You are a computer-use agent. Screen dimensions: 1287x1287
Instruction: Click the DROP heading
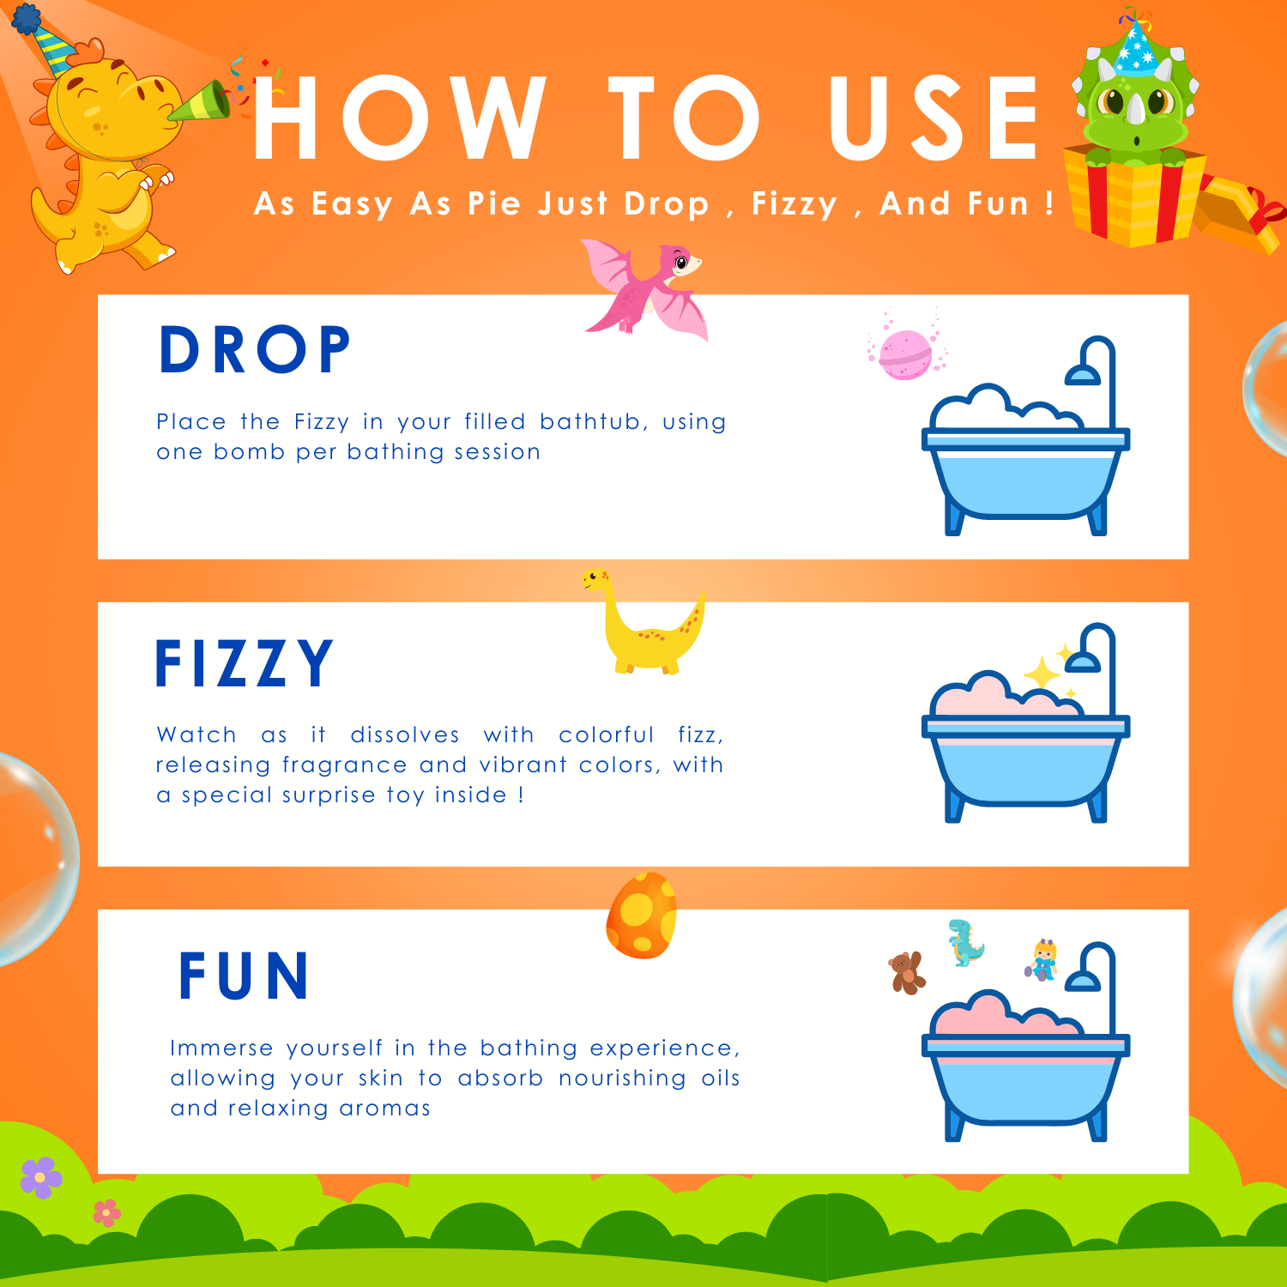(x=255, y=350)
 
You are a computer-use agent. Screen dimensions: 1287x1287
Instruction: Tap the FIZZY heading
(x=244, y=663)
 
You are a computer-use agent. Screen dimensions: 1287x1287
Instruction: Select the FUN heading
(x=244, y=976)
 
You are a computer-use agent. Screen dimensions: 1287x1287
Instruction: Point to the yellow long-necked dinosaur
(x=643, y=622)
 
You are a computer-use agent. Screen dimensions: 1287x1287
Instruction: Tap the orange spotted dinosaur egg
(x=642, y=915)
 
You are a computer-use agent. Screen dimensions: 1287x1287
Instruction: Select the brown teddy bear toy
(x=906, y=973)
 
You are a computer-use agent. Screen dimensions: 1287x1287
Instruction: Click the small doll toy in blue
(x=1042, y=959)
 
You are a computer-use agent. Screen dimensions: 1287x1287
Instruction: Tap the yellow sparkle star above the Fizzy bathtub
(x=1042, y=673)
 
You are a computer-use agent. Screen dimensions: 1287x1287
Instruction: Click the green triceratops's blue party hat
(x=1137, y=45)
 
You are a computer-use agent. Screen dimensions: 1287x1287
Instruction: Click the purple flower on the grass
(x=41, y=1177)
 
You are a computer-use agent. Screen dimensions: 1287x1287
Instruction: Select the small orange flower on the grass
(x=107, y=1212)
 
